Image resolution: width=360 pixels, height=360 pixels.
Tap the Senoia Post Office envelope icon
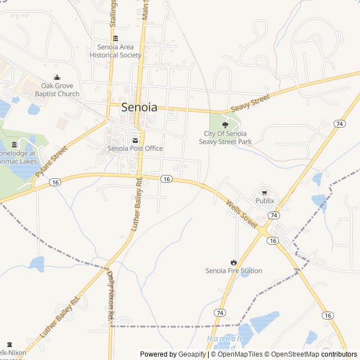[x=135, y=140]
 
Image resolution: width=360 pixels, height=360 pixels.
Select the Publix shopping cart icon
[x=264, y=192]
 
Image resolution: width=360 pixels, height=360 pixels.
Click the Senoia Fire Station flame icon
[x=233, y=262]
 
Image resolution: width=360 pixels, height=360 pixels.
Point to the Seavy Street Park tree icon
[x=226, y=125]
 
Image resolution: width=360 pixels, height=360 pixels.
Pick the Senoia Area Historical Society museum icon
[x=115, y=38]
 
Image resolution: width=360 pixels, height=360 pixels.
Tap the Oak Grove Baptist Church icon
[x=56, y=78]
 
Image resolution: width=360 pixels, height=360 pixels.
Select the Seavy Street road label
[x=250, y=105]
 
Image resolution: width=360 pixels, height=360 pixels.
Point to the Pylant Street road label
[x=51, y=161]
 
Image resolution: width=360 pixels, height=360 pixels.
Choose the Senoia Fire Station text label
[x=233, y=271]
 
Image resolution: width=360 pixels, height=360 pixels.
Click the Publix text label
[x=265, y=201]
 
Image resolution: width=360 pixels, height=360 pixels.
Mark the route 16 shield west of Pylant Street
[x=55, y=182]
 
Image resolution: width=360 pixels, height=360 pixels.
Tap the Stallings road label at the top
[x=113, y=12]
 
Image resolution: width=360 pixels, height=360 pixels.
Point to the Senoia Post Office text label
[x=135, y=148]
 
